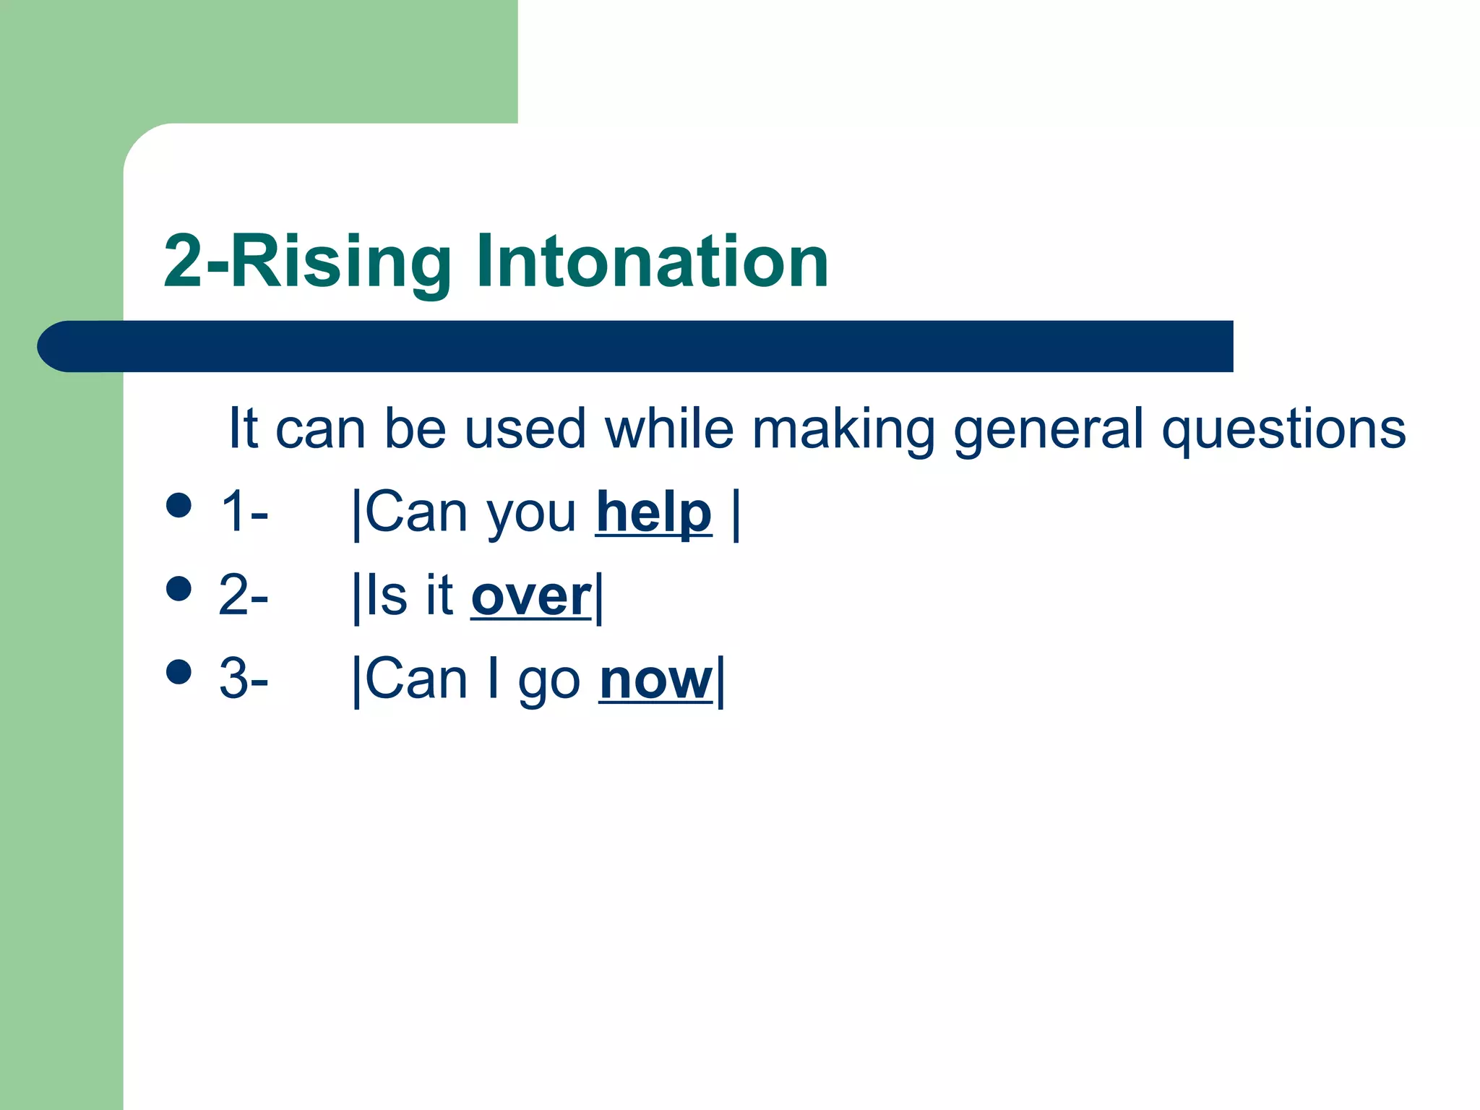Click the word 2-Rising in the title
tap(308, 264)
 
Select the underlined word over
tap(531, 597)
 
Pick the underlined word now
tap(655, 681)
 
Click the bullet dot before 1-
tap(178, 505)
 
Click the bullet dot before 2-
tap(178, 588)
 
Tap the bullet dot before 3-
tap(178, 671)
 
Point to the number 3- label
tap(244, 680)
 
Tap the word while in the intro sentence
tap(668, 428)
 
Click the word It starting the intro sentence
tap(244, 428)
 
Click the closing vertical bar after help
tap(736, 515)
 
